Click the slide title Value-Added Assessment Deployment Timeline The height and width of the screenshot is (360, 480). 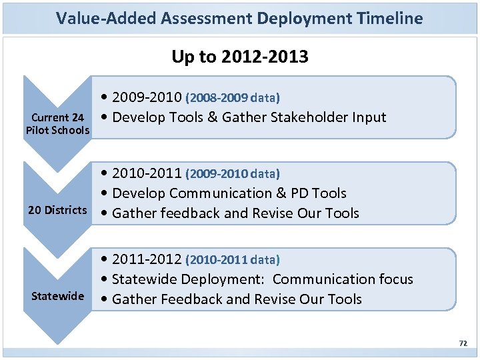pyautogui.click(x=239, y=18)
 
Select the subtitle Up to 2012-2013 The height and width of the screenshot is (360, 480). pyautogui.click(x=239, y=57)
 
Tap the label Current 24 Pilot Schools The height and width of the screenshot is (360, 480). pyautogui.click(x=57, y=124)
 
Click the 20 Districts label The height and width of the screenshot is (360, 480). pyautogui.click(x=57, y=211)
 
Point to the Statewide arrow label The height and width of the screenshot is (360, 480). pyautogui.click(x=57, y=296)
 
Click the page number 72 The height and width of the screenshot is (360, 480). pyautogui.click(x=463, y=343)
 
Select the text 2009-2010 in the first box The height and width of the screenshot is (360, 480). pyautogui.click(x=147, y=97)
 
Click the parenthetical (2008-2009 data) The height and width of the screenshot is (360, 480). pyautogui.click(x=233, y=99)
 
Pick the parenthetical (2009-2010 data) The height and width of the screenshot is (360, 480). pyautogui.click(x=233, y=174)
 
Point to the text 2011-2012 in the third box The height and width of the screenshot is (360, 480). pyautogui.click(x=147, y=259)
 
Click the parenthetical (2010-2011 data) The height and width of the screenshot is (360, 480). pyautogui.click(x=233, y=260)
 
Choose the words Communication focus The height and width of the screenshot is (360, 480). pyautogui.click(x=343, y=279)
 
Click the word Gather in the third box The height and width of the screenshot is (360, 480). pyautogui.click(x=134, y=299)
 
